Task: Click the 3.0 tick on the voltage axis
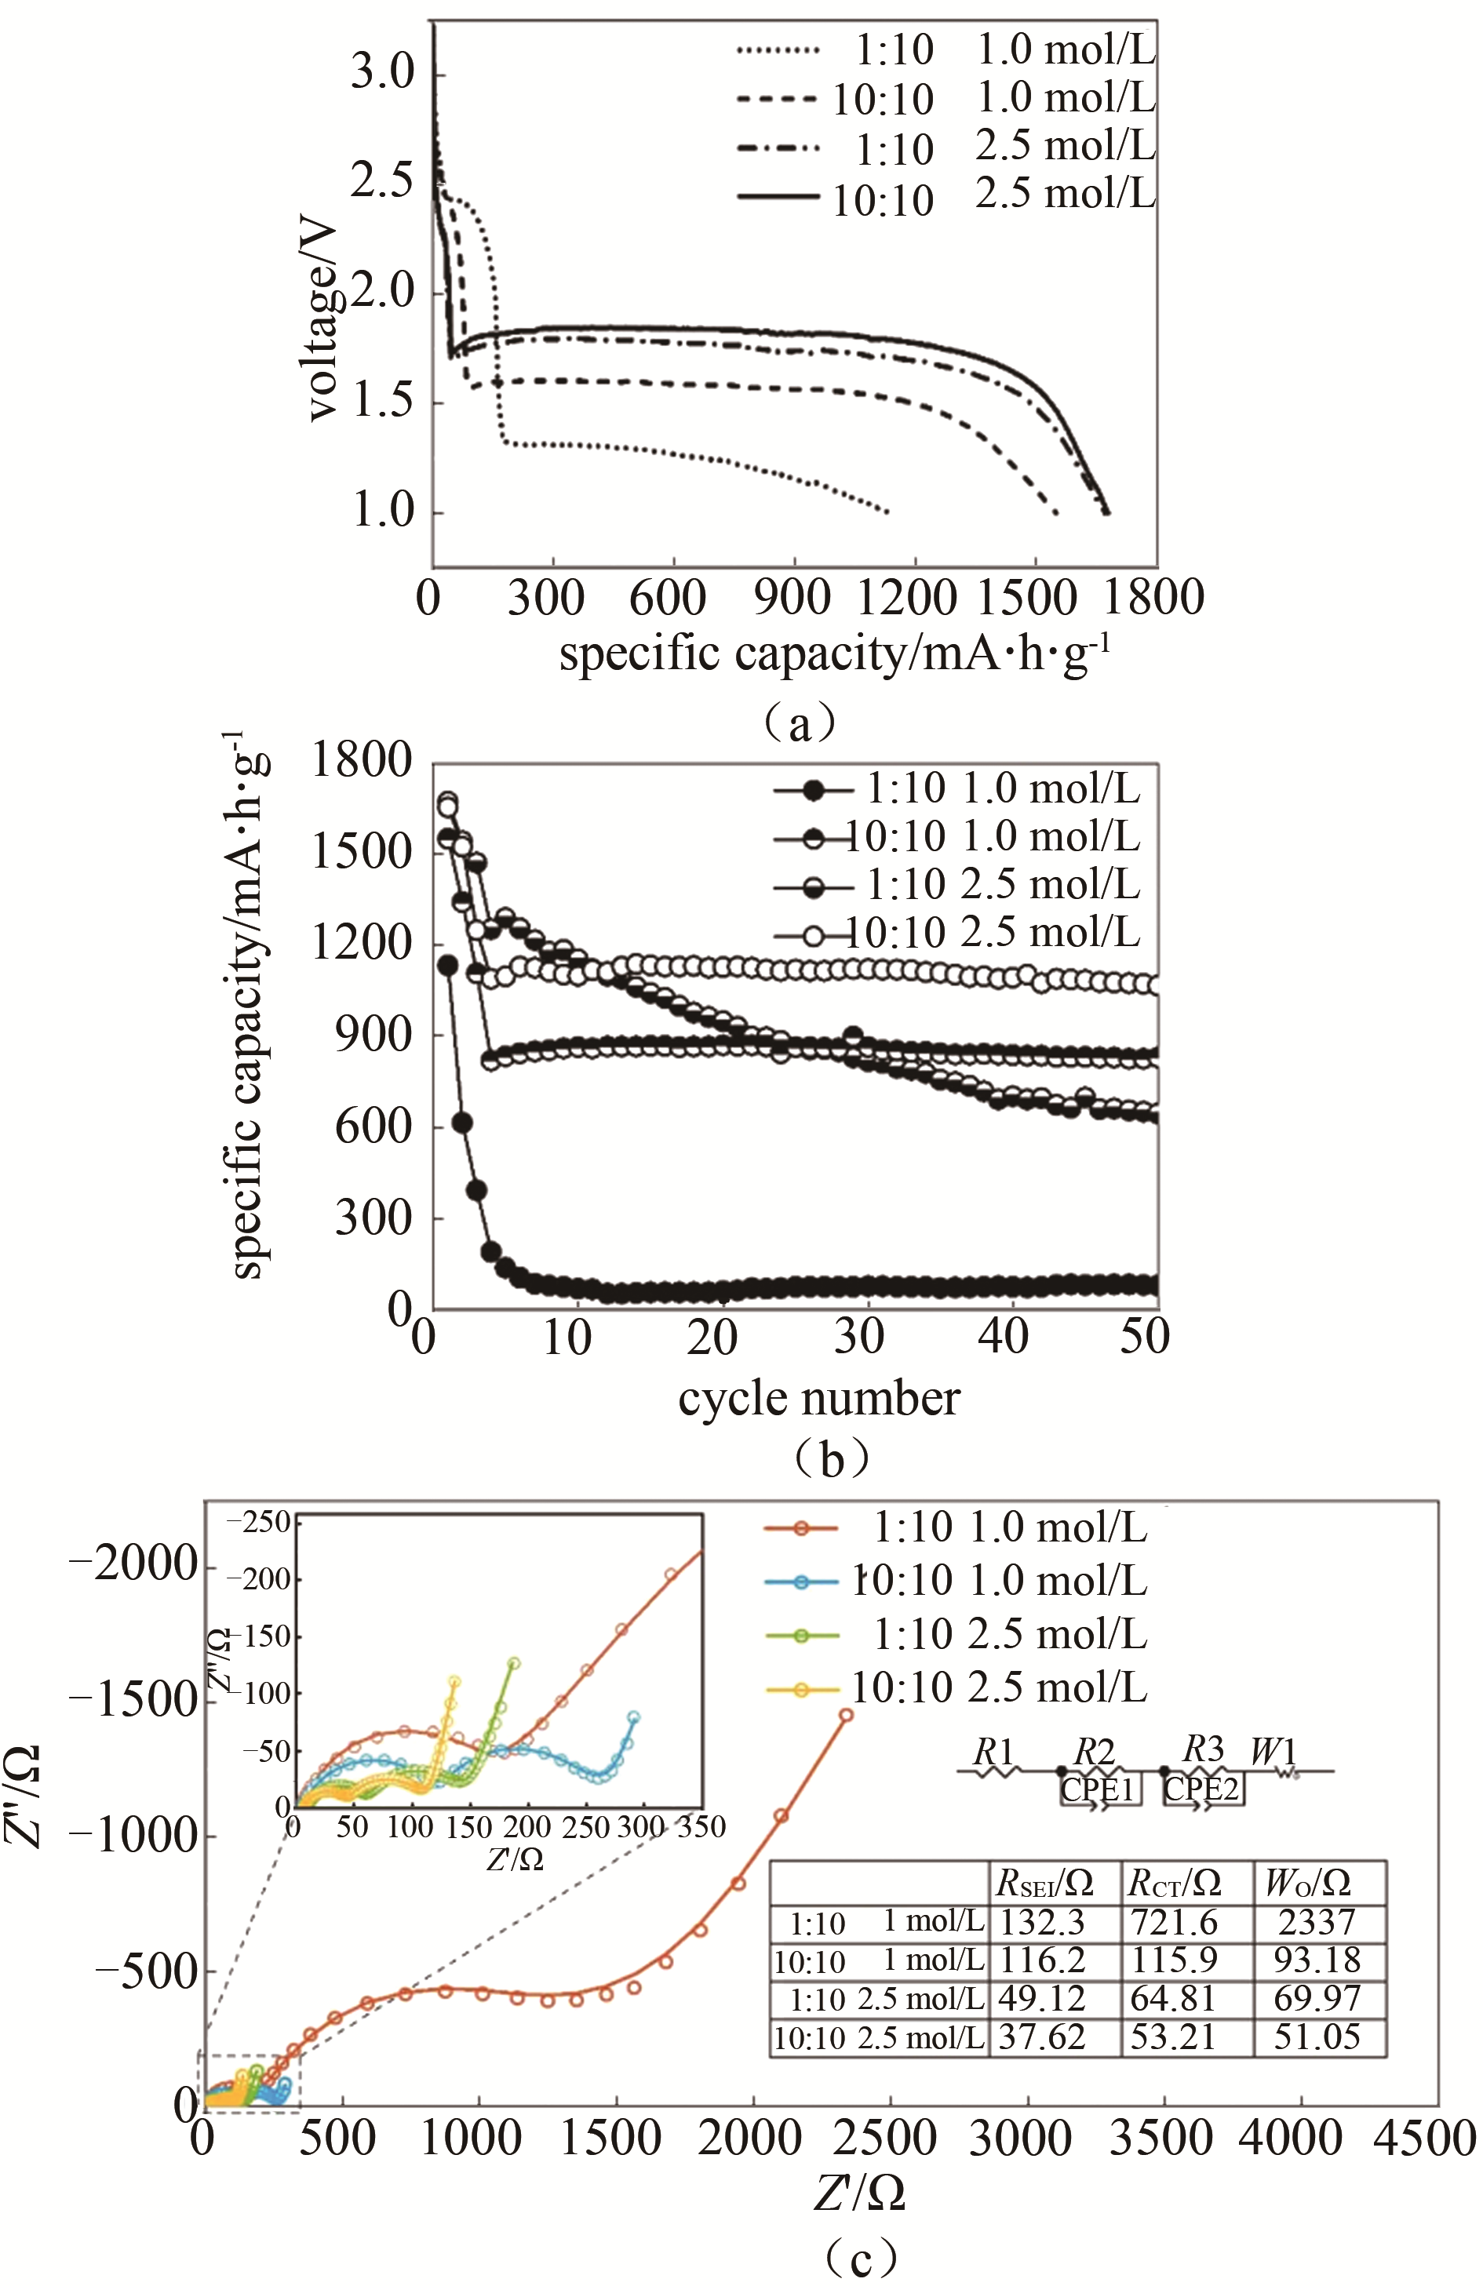click(381, 71)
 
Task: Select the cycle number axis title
click(818, 1400)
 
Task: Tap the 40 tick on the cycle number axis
click(1004, 1336)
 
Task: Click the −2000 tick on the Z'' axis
click(134, 1563)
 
